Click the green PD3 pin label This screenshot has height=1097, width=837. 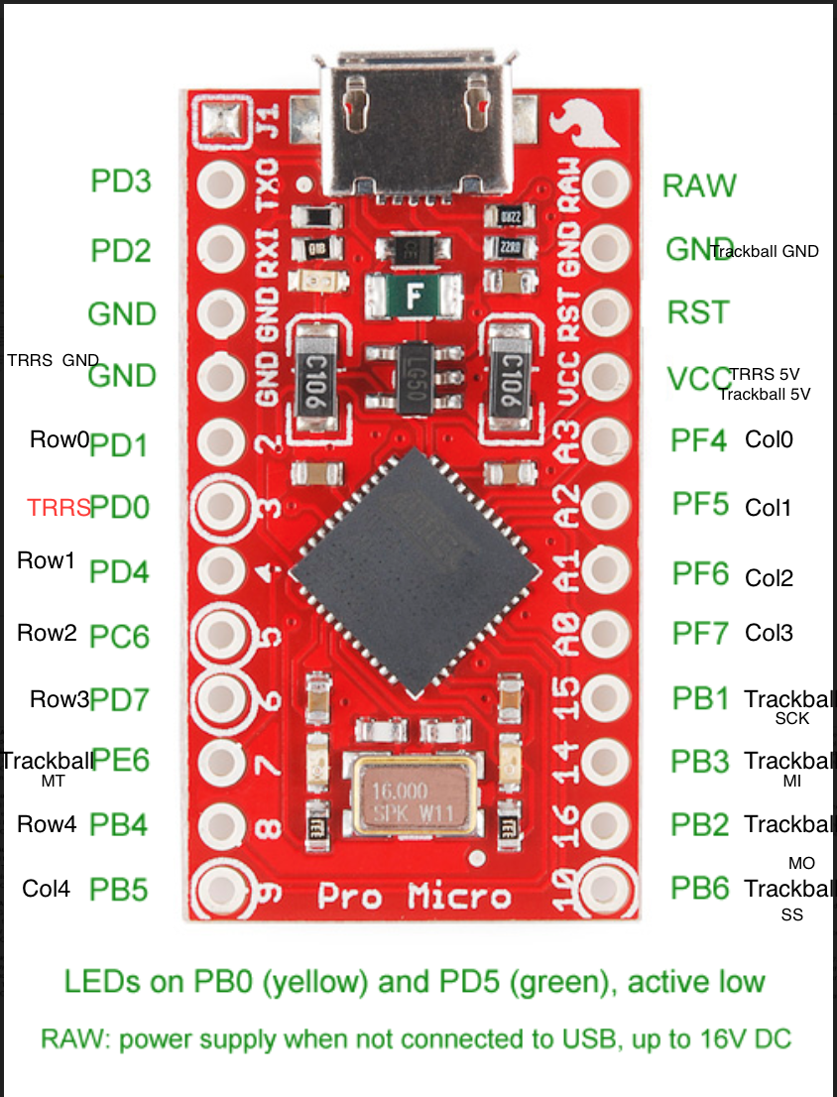coord(121,182)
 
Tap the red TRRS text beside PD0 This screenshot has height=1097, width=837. coord(59,508)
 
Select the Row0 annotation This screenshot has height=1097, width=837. coord(60,439)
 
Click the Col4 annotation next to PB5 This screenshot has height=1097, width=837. coord(47,889)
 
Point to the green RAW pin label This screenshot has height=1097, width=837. coord(699,185)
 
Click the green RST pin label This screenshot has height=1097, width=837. coord(698,312)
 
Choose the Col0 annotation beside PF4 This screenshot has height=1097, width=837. coord(769,439)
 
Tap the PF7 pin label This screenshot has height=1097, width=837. coord(700,633)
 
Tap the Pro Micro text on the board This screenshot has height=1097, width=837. coord(415,896)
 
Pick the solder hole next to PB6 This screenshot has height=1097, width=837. coord(605,886)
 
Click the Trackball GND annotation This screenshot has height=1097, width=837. coord(766,251)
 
